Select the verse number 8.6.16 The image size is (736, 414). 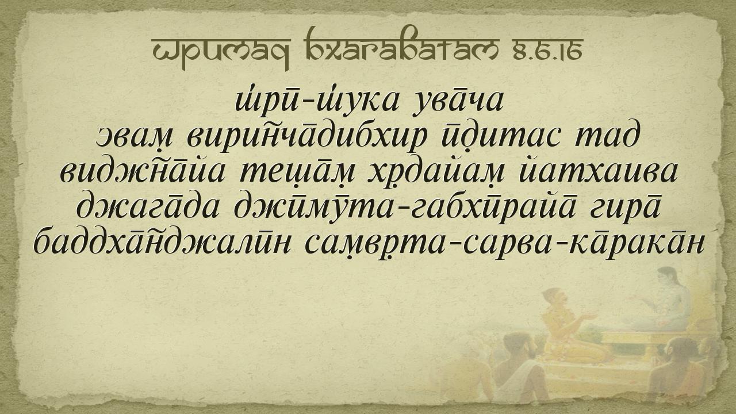pos(546,50)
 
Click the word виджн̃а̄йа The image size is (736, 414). pos(143,172)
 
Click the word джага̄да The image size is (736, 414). pos(148,208)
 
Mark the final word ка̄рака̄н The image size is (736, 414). pos(640,244)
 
